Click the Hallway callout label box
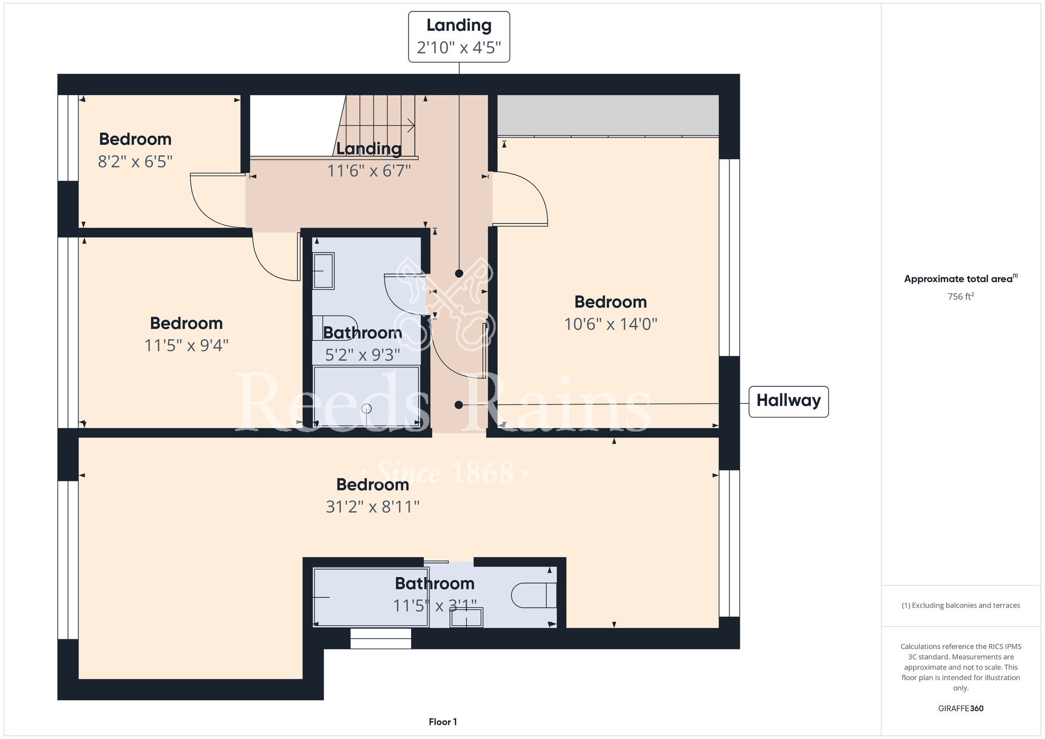pos(788,401)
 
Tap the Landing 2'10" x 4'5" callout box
pos(459,37)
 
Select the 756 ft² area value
pos(961,296)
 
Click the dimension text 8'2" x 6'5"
pos(135,161)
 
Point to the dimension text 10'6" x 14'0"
pos(610,324)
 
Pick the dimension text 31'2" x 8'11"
pos(373,506)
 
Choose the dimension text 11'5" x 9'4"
pos(187,345)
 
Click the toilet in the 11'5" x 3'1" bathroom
pos(533,595)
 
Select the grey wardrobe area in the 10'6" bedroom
pos(608,115)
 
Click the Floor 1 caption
pos(443,722)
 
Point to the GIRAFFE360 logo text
pos(961,709)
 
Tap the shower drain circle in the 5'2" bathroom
pos(367,409)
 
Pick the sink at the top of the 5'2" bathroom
pos(323,271)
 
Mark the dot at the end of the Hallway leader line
pos(459,405)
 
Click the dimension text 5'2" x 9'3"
pos(363,355)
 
